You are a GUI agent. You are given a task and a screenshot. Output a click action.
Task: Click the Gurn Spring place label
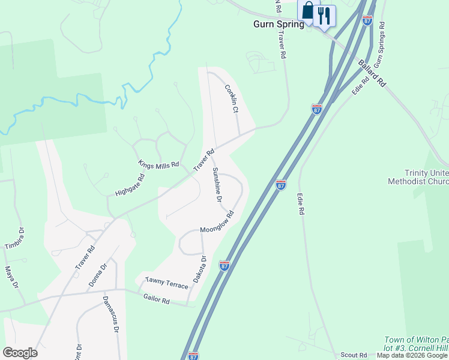(x=278, y=25)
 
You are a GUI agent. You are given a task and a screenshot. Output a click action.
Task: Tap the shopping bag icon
(x=308, y=12)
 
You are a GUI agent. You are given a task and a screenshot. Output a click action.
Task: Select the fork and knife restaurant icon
(x=325, y=14)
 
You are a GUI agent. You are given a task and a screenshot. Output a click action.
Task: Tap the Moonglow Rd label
(x=217, y=223)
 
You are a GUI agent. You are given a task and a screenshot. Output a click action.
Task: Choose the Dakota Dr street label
(x=199, y=269)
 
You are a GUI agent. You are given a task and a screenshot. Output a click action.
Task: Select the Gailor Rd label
(x=157, y=299)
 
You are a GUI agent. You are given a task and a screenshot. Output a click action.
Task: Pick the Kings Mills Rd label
(x=158, y=164)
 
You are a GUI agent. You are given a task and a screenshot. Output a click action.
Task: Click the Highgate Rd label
(x=130, y=185)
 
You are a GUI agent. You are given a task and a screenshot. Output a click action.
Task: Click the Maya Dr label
(x=11, y=278)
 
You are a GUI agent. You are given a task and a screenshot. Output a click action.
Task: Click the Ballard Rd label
(x=372, y=73)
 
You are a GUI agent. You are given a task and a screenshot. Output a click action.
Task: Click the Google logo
(x=20, y=353)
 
